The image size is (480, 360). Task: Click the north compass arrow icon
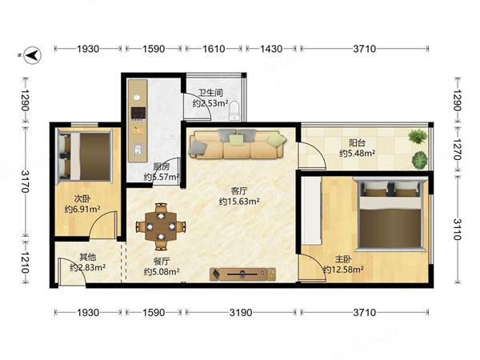coord(33,55)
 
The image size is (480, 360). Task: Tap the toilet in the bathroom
coord(234,110)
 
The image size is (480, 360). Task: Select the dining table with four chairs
coord(161,226)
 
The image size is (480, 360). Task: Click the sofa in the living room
coord(238,144)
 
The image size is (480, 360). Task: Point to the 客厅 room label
coord(239,191)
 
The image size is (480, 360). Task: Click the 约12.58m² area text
coord(343,270)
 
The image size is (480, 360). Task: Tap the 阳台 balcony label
coord(358,143)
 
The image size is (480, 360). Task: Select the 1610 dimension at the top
coord(214,49)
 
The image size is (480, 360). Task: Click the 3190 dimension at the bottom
coord(241,313)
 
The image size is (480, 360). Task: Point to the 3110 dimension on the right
coord(457,230)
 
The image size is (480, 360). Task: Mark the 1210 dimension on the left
coord(25,262)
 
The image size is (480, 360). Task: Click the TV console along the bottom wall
coord(242,274)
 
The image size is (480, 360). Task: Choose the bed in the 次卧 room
coord(85,156)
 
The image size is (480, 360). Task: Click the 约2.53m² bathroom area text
coord(210,103)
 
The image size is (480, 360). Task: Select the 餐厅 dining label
coord(162,261)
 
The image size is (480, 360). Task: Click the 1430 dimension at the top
coord(271,49)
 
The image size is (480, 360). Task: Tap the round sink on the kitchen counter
coord(137,98)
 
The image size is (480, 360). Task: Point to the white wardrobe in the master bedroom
coord(311,210)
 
